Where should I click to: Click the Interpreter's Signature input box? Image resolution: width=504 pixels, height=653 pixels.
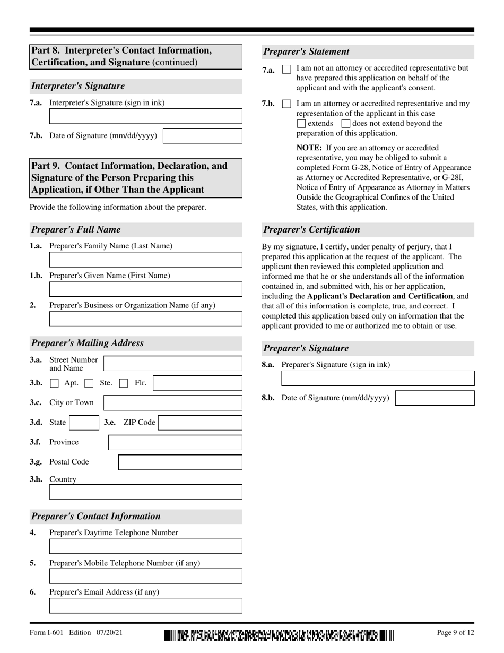pyautogui.click(x=145, y=116)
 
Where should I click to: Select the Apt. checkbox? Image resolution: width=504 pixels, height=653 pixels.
pyautogui.click(x=54, y=383)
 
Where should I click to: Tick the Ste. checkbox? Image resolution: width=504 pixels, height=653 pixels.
pyautogui.click(x=89, y=383)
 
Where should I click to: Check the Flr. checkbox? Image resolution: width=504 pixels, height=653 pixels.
pyautogui.click(x=124, y=383)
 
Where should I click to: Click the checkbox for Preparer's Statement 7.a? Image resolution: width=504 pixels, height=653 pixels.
pyautogui.click(x=286, y=70)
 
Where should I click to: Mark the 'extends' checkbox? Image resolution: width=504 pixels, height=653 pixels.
pyautogui.click(x=301, y=124)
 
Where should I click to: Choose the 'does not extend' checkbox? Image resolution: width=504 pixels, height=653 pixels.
pyautogui.click(x=346, y=124)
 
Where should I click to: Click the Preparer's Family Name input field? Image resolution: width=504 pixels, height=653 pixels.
pyautogui.click(x=145, y=260)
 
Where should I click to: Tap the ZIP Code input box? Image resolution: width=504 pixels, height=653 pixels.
pyautogui.click(x=200, y=423)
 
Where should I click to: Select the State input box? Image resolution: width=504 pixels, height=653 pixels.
pyautogui.click(x=83, y=423)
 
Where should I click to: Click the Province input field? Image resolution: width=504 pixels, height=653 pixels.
pyautogui.click(x=175, y=442)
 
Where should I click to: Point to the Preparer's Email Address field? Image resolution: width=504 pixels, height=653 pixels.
pyautogui.click(x=145, y=606)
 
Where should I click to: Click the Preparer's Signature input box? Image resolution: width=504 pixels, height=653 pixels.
pyautogui.click(x=377, y=378)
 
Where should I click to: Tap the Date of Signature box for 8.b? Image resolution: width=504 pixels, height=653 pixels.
pyautogui.click(x=435, y=398)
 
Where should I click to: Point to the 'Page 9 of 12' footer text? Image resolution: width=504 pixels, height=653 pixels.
pyautogui.click(x=455, y=632)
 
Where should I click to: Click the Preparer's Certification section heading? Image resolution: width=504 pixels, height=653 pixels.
pyautogui.click(x=311, y=230)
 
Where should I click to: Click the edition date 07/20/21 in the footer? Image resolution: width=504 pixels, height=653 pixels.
pyautogui.click(x=110, y=632)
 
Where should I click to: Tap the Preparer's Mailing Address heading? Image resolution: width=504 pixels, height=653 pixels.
pyautogui.click(x=87, y=343)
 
